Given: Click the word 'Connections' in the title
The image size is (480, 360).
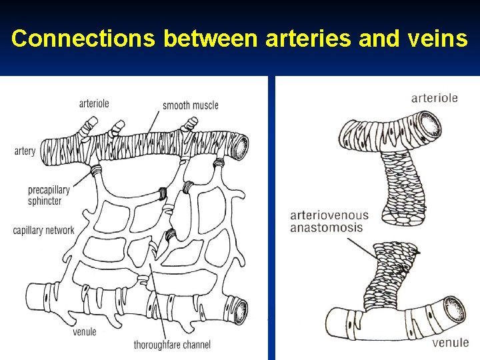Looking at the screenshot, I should pyautogui.click(x=83, y=39).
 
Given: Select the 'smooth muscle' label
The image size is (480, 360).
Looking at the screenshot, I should pyautogui.click(x=190, y=105).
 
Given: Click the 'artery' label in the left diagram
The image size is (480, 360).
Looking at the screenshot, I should pyautogui.click(x=25, y=151).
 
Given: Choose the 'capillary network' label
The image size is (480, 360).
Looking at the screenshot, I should pyautogui.click(x=43, y=231).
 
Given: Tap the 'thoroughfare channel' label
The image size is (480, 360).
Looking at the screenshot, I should pyautogui.click(x=172, y=345).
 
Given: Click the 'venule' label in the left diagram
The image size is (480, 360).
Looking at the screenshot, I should pyautogui.click(x=85, y=331).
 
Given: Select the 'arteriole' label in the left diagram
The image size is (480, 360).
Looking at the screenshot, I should pyautogui.click(x=94, y=103).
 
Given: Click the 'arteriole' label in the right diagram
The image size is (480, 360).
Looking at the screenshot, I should pyautogui.click(x=434, y=98).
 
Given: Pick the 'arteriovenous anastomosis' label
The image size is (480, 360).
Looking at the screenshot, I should pyautogui.click(x=329, y=221).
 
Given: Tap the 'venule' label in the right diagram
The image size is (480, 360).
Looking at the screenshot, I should pyautogui.click(x=450, y=343).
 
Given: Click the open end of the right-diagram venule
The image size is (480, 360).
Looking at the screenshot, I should pyautogui.click(x=456, y=309).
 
